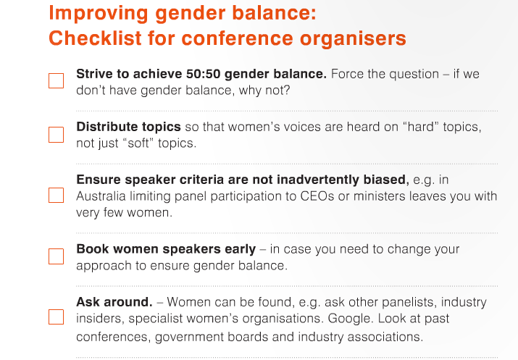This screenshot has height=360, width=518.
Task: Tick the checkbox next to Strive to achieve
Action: point(57,81)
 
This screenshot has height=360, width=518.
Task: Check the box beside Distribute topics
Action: point(57,135)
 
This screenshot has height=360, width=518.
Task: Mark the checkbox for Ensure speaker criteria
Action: point(57,195)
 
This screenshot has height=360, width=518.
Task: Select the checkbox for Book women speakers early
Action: point(57,256)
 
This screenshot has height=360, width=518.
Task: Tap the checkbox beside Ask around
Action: point(57,317)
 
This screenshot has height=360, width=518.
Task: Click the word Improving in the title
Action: point(99,14)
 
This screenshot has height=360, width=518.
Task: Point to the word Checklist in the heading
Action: point(96,38)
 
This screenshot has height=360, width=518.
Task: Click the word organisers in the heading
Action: point(353,38)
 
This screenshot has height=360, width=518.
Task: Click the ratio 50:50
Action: point(203,74)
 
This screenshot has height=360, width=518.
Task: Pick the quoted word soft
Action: point(139,143)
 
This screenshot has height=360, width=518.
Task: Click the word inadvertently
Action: point(318,180)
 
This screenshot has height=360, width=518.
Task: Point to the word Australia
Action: point(101,196)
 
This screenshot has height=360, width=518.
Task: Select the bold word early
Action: point(241,249)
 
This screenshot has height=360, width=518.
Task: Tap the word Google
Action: point(351,319)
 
